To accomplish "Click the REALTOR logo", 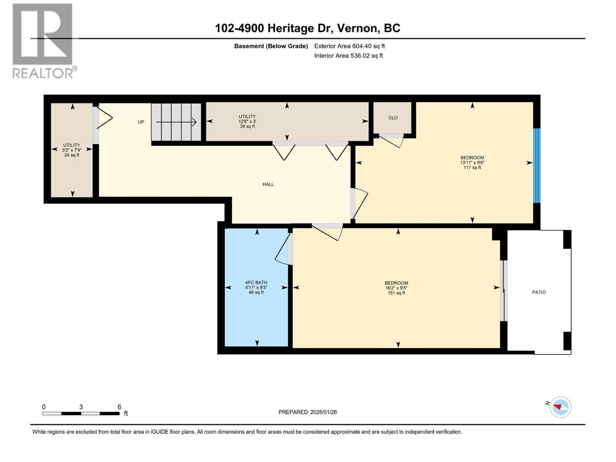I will coord(43,40).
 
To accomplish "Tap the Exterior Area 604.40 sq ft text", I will coord(349,46).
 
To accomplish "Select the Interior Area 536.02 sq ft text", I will coord(348,56).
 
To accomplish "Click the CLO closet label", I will coord(393,118).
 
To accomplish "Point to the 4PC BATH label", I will coord(256,283).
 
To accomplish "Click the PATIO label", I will coord(539,292).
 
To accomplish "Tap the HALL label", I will coord(268,184).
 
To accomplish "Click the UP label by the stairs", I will coord(141,122).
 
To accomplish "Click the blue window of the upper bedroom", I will coord(536,166).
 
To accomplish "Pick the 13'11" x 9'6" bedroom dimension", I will coord(472,162).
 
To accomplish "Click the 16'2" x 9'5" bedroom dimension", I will coord(396,288).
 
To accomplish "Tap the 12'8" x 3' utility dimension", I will coord(247,121).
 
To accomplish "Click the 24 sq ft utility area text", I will coord(72,155).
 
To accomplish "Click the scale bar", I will coord(81,413).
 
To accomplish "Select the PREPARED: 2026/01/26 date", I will coord(308,412).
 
